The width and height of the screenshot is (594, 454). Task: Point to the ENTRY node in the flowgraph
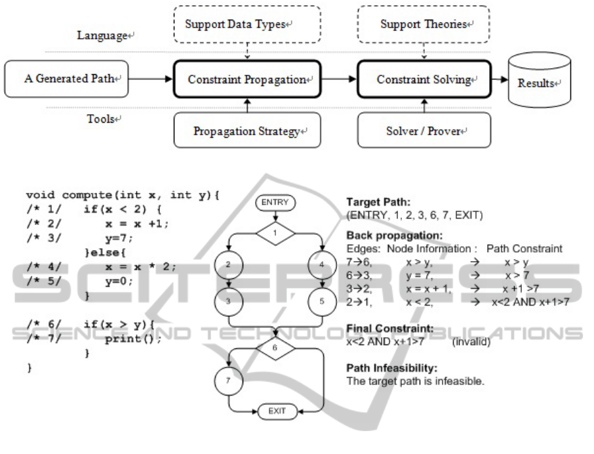click(x=275, y=203)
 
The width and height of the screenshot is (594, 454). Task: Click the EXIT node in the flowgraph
click(x=275, y=412)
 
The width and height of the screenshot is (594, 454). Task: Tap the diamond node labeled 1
click(x=275, y=233)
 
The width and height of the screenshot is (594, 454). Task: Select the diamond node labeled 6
click(x=275, y=348)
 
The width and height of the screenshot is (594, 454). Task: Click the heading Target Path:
click(x=377, y=203)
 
